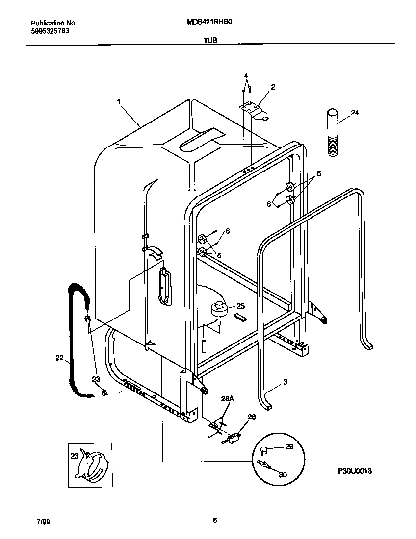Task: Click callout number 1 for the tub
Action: tap(119, 101)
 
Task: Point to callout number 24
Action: tap(355, 113)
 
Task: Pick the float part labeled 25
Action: tap(219, 310)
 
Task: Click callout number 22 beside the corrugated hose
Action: tap(59, 358)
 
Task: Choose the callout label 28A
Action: tap(227, 399)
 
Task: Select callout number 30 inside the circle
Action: tap(283, 474)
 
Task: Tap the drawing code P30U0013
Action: tap(355, 471)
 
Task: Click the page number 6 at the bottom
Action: tap(215, 521)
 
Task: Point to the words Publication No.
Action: tap(54, 23)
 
